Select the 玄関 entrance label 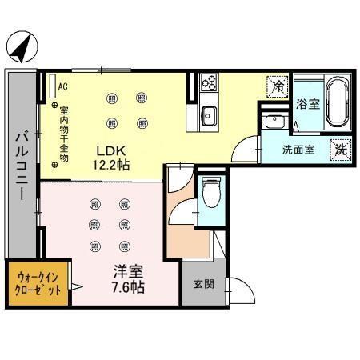[202, 284]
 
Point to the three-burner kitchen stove [208, 82]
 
